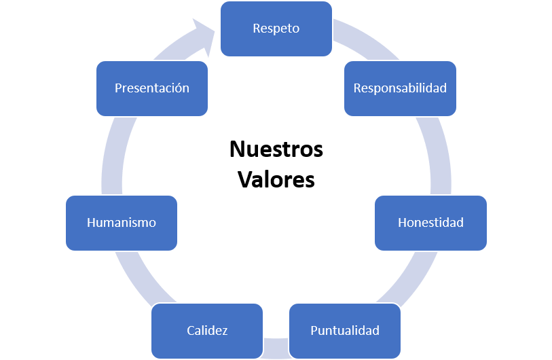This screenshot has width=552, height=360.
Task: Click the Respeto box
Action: [276, 29]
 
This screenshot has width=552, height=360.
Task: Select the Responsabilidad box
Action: [400, 88]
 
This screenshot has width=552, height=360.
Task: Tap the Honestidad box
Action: [430, 223]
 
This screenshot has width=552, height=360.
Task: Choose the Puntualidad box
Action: [344, 331]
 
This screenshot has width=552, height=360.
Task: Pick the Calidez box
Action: [207, 331]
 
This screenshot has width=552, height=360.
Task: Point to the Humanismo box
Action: [122, 223]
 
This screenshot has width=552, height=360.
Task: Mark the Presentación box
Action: [152, 88]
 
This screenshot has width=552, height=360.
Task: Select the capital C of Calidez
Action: [191, 331]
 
